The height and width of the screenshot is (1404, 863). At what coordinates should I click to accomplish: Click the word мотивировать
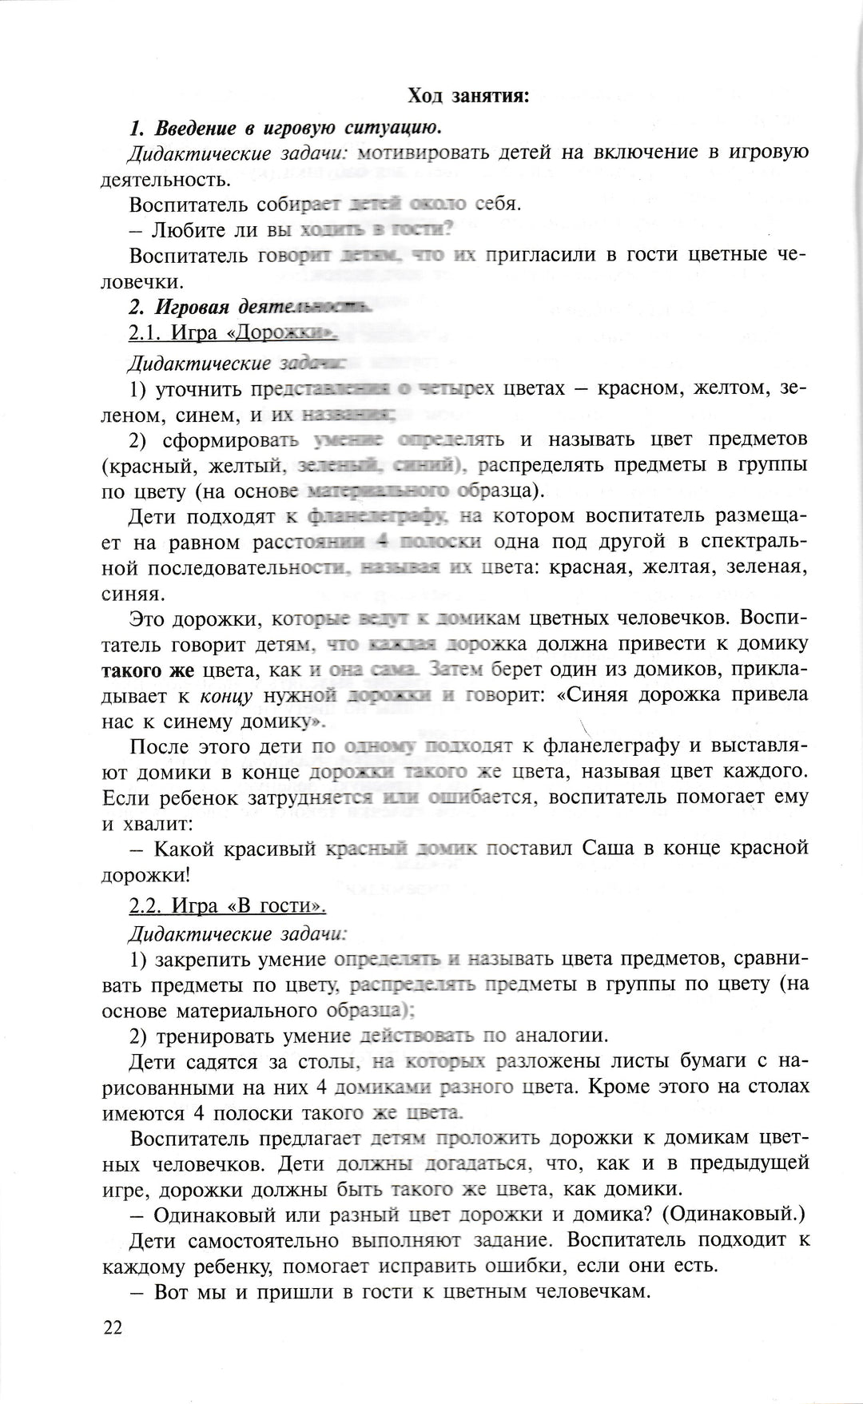tap(423, 153)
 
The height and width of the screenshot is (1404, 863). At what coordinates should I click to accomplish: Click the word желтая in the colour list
tap(657, 568)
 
